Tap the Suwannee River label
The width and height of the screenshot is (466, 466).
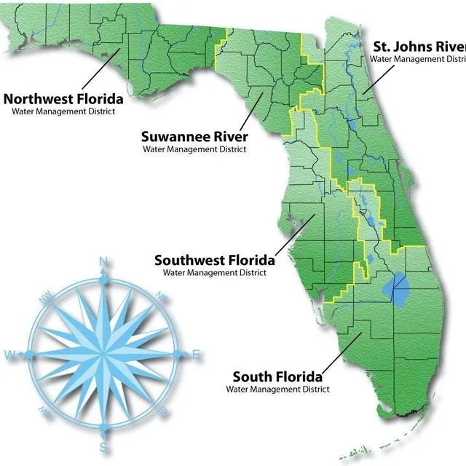pyautogui.click(x=194, y=136)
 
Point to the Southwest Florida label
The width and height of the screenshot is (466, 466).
pyautogui.click(x=215, y=259)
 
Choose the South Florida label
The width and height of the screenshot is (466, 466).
pyautogui.click(x=277, y=376)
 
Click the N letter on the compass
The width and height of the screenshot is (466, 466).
pyautogui.click(x=103, y=262)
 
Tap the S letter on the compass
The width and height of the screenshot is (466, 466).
pyautogui.click(x=103, y=446)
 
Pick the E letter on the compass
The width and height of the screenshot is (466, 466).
pyautogui.click(x=196, y=355)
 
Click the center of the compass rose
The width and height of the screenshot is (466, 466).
pyautogui.click(x=103, y=355)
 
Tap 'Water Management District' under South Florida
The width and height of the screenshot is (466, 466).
pyautogui.click(x=277, y=390)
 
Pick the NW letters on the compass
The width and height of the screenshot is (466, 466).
pyautogui.click(x=47, y=296)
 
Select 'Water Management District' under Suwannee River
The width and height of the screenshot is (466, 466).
pyautogui.click(x=194, y=149)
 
